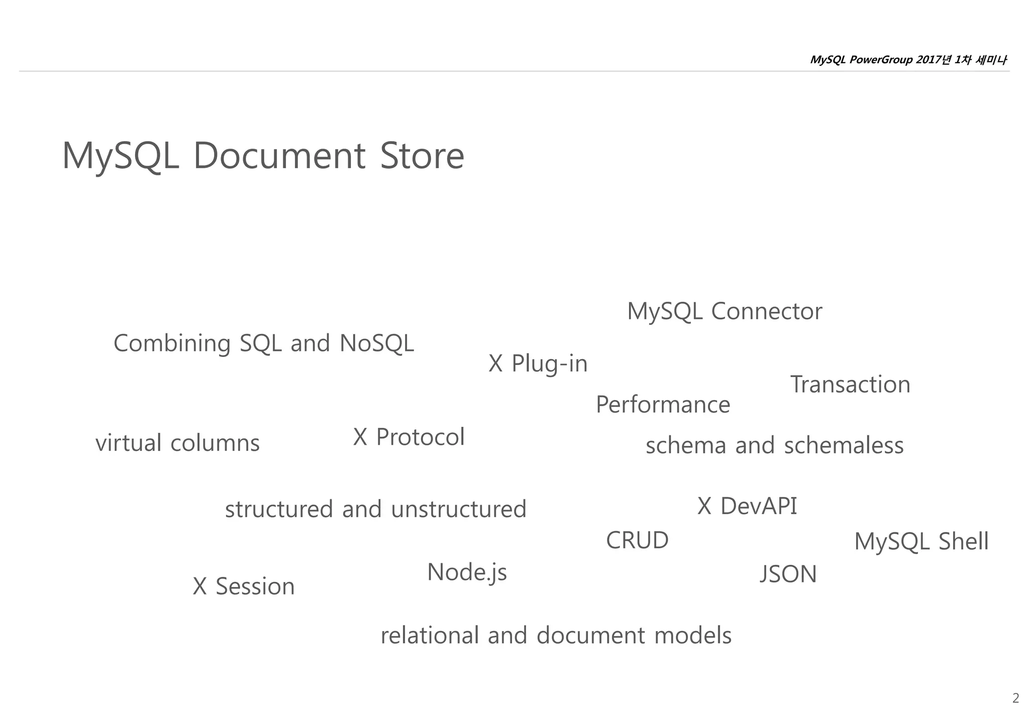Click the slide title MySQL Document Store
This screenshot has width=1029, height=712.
pos(263,156)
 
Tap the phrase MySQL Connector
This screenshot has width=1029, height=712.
pos(725,311)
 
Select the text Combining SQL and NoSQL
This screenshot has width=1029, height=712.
pos(263,343)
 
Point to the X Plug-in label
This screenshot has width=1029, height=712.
pos(538,364)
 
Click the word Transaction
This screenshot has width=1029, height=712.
pos(850,385)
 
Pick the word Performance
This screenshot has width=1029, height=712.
pos(663,405)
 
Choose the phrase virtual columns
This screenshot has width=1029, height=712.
pos(177,443)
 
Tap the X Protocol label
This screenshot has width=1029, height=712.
pos(408,437)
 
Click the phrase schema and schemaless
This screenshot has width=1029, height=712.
pos(774,445)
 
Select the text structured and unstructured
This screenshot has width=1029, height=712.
pos(375,509)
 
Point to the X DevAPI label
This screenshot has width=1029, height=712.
pos(747,506)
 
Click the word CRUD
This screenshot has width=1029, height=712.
pos(637,541)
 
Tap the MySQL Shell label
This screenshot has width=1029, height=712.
pos(921,542)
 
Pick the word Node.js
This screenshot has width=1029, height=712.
pos(467,572)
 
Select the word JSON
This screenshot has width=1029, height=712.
pos(788,574)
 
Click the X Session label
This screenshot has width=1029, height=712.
pos(244,586)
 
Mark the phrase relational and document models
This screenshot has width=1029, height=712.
pos(556,636)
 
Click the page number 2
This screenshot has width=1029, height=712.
pos(1015,698)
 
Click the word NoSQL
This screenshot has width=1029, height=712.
pos(377,343)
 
